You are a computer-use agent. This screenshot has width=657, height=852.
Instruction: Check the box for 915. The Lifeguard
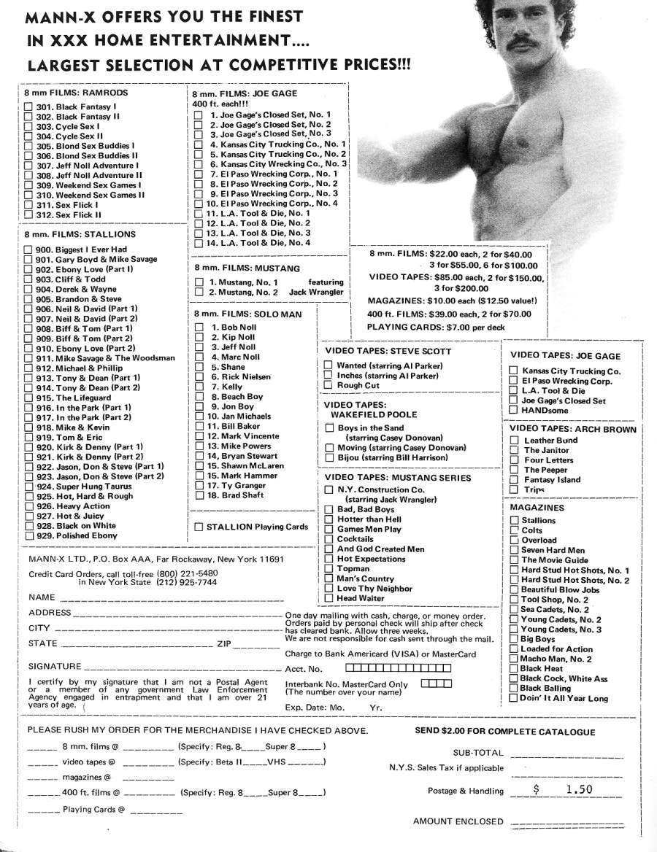[28, 398]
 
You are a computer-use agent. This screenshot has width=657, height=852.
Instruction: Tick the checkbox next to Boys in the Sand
[328, 427]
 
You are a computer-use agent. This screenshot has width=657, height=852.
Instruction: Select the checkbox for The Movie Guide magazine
[514, 560]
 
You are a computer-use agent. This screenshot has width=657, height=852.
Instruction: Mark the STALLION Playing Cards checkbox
[199, 527]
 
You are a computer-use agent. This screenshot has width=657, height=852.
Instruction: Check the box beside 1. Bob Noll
[199, 328]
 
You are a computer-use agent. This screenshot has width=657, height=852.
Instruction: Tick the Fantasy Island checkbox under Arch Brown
[514, 479]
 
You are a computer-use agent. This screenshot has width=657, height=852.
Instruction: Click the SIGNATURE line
[182, 668]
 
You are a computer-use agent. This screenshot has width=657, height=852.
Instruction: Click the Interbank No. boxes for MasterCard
[437, 683]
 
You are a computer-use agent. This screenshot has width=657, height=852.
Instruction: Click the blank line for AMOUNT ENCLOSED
[566, 822]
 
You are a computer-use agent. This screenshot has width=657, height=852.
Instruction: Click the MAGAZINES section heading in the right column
[537, 507]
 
